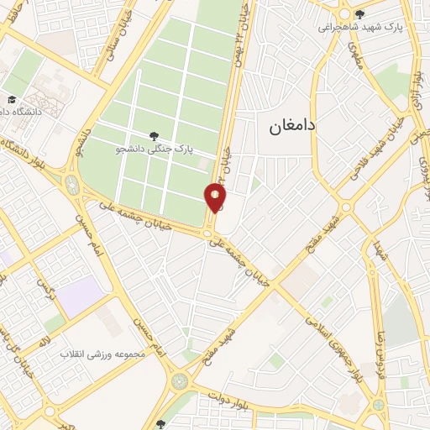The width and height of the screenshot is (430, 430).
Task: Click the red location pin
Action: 215,198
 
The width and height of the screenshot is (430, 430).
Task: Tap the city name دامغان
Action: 291,126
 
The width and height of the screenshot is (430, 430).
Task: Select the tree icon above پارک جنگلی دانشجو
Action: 153,135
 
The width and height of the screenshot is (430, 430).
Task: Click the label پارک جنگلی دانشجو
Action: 154,149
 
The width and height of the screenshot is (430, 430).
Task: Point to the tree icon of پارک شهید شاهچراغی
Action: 359,13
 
